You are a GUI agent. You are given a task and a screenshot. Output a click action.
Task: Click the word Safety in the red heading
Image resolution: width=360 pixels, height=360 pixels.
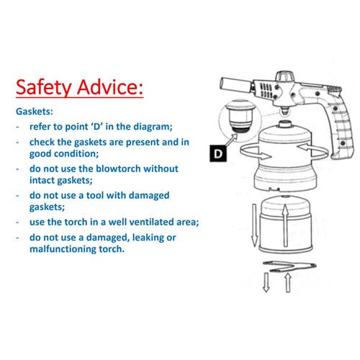coord(44,87)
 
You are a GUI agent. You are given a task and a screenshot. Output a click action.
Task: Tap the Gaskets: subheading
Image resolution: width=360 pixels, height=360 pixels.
coord(35,112)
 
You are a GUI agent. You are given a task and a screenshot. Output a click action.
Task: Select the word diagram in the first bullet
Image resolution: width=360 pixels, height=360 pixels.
coord(153,127)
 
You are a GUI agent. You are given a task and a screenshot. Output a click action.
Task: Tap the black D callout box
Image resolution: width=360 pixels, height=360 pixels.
coord(218,153)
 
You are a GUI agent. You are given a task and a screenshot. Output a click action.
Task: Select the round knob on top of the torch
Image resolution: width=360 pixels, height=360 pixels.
coord(284,77)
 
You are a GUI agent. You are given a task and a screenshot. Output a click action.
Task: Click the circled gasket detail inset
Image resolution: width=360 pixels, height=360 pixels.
coord(240,121)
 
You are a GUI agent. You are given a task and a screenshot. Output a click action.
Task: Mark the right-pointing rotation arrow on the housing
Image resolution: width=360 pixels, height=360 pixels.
coord(256,153)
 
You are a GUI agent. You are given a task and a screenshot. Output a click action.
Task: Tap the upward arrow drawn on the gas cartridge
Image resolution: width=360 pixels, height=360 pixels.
coord(285,225)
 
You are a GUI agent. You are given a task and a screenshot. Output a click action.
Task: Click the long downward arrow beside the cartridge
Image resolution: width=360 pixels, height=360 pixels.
coord(254,225)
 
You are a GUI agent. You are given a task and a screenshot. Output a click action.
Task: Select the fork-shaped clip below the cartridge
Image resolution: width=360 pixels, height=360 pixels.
coord(289,266)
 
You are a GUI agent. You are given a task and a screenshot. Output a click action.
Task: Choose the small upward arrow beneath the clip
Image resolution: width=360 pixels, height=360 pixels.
coord(288,283)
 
